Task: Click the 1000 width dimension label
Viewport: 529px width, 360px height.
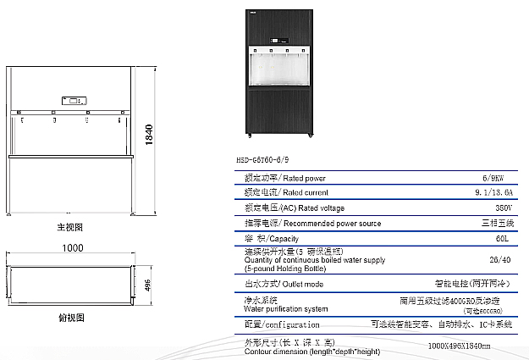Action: (x=73, y=247)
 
